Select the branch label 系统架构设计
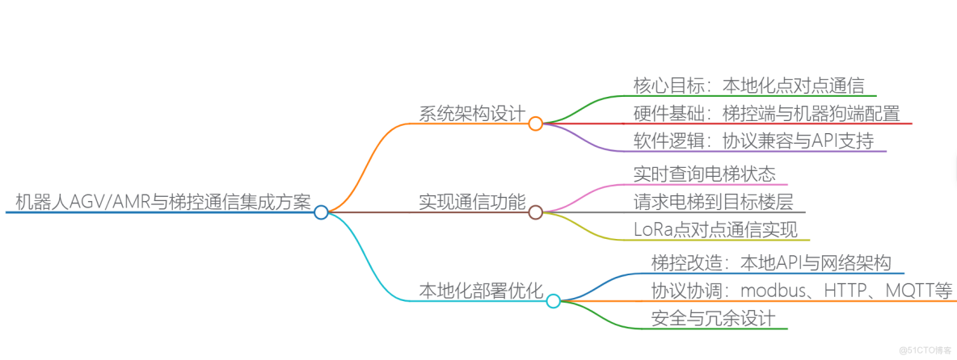point(472,113)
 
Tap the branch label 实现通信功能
point(472,202)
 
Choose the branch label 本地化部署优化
point(481,291)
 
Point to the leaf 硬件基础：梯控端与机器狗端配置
point(766,113)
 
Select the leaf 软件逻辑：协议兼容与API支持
point(753,140)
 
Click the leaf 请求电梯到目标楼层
point(714,202)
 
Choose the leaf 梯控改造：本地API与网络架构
point(771,263)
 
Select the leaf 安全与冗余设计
point(713,318)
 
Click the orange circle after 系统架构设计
point(535,123)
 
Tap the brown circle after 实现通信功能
point(535,212)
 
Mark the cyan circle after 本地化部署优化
point(553,301)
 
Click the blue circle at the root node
point(321,212)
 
